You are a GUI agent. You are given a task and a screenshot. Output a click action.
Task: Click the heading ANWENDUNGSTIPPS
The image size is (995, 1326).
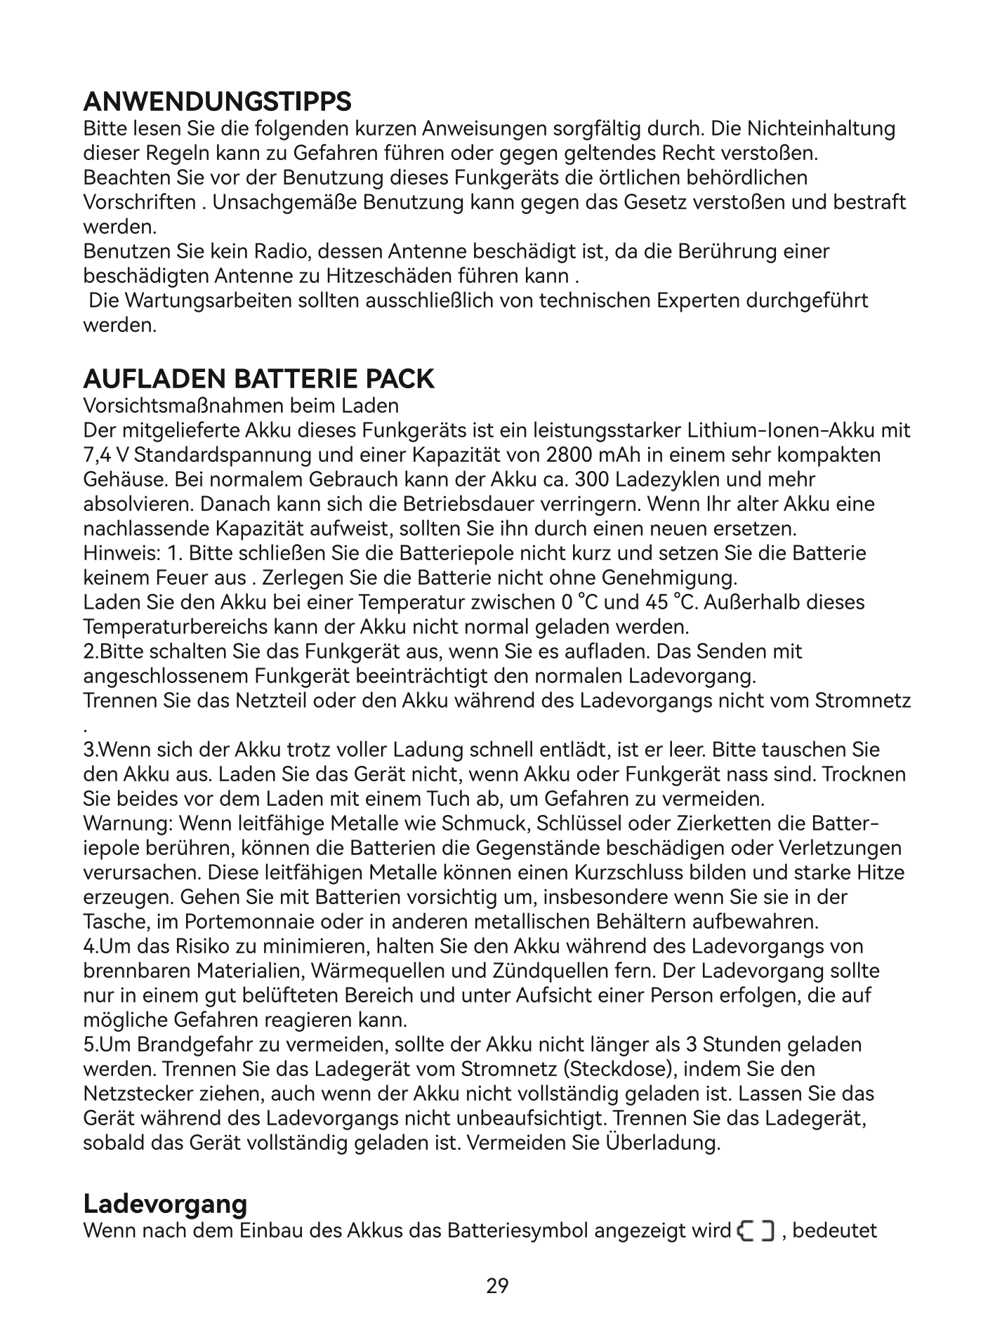point(217,102)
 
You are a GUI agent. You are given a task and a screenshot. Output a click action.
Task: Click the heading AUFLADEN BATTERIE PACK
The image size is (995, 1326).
point(258,379)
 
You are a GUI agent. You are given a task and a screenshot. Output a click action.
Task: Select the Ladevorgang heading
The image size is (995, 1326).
point(165,1204)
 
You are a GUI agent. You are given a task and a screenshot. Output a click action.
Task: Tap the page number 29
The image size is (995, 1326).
point(497,1286)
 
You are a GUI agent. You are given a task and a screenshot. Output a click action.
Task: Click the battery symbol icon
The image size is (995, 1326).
point(756,1231)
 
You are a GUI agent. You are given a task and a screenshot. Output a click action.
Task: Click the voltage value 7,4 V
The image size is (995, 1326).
point(105,455)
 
